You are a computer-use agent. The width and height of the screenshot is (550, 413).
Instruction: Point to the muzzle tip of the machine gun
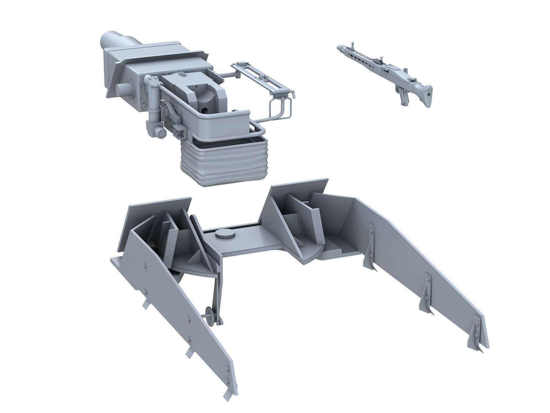coord(337,47)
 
